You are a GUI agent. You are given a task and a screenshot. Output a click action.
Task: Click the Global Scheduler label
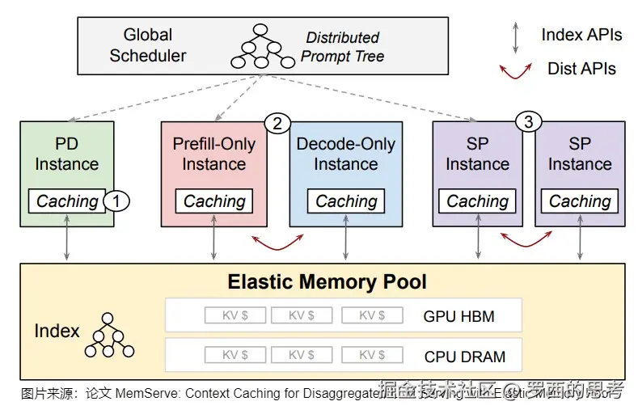tap(148, 45)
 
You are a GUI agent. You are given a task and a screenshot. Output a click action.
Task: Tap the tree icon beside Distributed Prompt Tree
tap(260, 46)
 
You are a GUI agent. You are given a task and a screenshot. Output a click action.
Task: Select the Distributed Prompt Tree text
tap(342, 47)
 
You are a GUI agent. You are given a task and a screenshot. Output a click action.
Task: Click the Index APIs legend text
tap(581, 35)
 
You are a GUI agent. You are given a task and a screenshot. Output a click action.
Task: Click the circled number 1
tap(118, 201)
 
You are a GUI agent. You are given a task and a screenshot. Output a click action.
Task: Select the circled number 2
tap(277, 124)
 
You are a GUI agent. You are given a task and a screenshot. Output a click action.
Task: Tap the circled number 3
tap(528, 123)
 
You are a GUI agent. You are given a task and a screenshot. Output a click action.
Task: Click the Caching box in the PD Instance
tap(67, 201)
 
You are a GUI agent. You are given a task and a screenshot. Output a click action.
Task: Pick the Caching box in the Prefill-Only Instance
tap(214, 201)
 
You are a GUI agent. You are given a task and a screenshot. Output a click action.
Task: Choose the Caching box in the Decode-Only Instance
tap(346, 201)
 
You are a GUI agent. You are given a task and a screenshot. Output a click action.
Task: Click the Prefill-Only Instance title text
tap(214, 154)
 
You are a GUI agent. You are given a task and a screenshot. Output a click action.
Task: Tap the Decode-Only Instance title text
tap(346, 154)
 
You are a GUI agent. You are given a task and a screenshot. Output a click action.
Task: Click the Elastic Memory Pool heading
tap(327, 282)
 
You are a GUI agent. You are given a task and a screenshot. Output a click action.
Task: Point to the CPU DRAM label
tap(464, 356)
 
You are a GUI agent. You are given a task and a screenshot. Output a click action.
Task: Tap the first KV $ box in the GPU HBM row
tap(234, 315)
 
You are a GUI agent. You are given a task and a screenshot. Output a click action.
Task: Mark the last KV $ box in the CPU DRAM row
tap(372, 355)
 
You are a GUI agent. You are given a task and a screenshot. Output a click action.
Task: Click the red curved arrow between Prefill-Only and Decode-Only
tap(277, 240)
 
